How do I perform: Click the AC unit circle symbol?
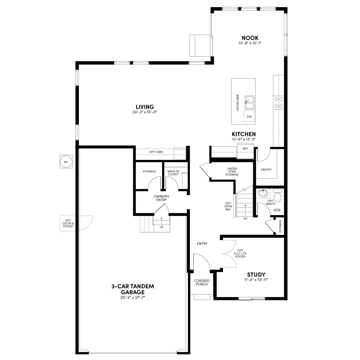click(66, 162)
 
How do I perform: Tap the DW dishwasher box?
click(249, 116)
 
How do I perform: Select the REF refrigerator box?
click(245, 151)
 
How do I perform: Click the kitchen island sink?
click(250, 103)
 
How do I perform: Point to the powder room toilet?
click(278, 195)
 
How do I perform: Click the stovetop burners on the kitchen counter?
click(278, 103)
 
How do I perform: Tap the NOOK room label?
click(250, 38)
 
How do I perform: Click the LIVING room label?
click(145, 107)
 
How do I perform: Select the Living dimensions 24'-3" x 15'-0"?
click(145, 112)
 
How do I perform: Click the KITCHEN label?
click(244, 134)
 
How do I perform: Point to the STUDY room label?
click(256, 274)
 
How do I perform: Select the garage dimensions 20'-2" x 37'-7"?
click(133, 297)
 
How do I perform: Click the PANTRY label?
click(266, 169)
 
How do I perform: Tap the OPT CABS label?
click(156, 152)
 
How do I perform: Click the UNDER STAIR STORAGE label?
click(232, 172)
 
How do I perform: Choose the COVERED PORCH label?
click(202, 282)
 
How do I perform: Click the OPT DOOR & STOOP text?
click(68, 223)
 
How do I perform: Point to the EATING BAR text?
click(238, 103)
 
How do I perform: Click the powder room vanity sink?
click(263, 193)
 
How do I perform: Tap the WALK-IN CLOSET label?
click(173, 172)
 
